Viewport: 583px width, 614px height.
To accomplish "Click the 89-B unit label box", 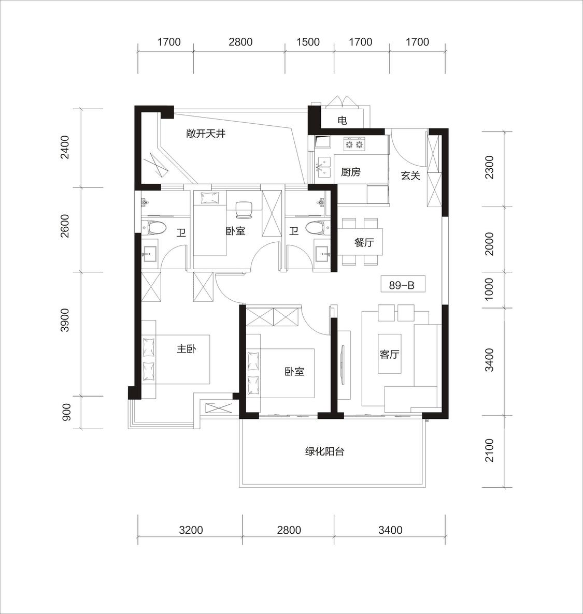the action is click(403, 285).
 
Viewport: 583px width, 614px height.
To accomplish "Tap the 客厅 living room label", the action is click(389, 355).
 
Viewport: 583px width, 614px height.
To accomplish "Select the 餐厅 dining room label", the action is click(364, 242).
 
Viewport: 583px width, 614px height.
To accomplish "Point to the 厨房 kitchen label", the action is click(350, 172).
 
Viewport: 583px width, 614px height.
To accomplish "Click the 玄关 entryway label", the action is click(410, 176).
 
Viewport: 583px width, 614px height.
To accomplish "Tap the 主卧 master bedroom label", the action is click(187, 348).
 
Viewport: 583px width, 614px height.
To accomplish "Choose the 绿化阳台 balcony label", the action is click(324, 451).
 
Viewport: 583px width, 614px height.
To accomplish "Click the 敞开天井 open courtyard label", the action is click(206, 134).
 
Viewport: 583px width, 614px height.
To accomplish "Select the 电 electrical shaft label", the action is click(342, 120).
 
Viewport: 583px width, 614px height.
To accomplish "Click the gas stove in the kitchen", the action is click(354, 144).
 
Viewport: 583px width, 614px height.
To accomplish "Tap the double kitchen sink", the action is click(324, 166).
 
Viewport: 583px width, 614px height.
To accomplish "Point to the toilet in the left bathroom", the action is click(154, 228).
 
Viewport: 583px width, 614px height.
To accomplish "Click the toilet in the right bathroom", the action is click(316, 228).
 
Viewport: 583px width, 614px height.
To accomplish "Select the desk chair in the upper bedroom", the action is click(244, 209).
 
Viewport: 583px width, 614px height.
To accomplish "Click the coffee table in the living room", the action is click(389, 354).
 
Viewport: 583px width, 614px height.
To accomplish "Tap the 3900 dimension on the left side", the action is click(65, 320).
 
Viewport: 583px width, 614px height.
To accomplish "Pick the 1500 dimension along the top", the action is click(308, 42).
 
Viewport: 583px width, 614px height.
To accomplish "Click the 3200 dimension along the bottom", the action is click(191, 530).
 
